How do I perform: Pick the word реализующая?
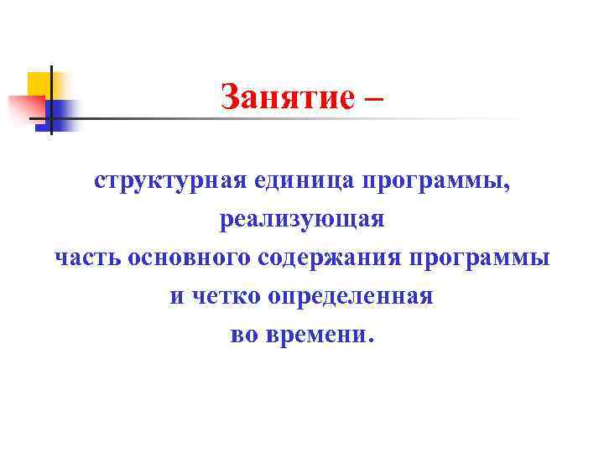(x=302, y=221)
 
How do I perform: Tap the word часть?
(x=88, y=258)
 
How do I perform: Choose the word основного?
(x=189, y=258)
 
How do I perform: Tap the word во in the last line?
(x=243, y=336)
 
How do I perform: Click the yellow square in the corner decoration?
(x=39, y=83)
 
